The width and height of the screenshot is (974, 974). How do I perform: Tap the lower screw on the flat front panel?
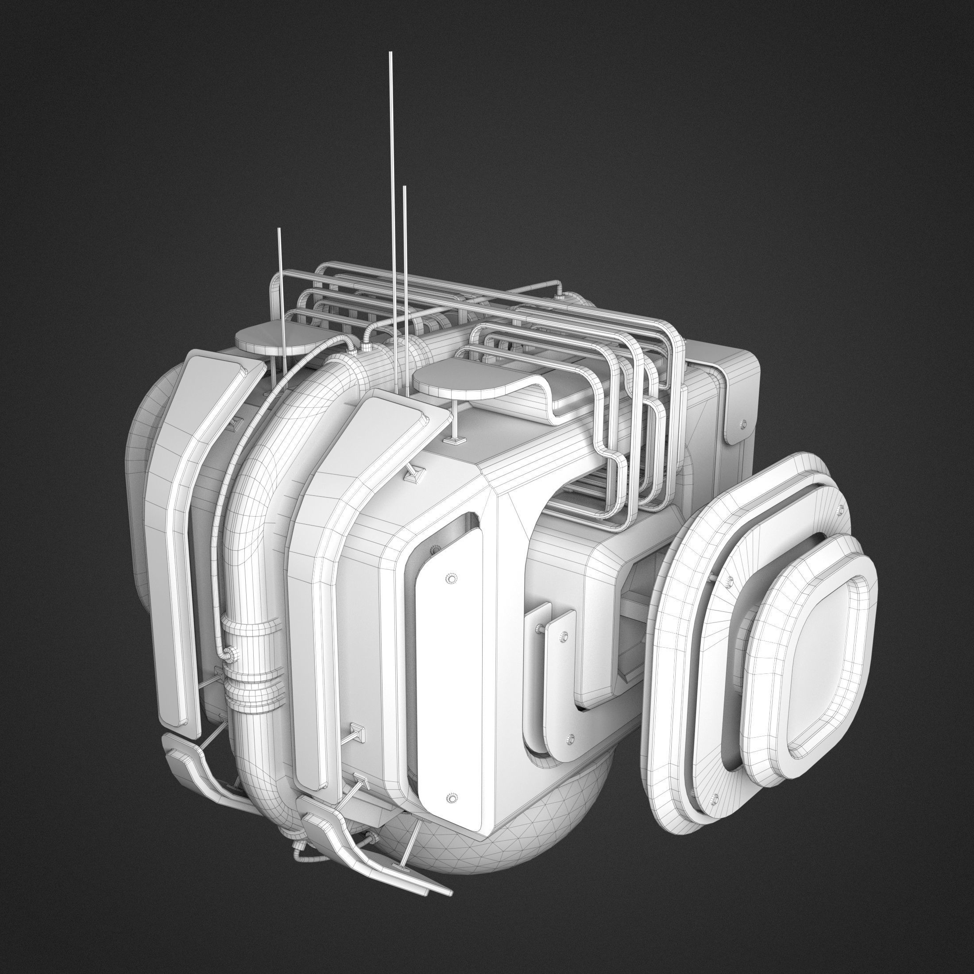pyautogui.click(x=451, y=798)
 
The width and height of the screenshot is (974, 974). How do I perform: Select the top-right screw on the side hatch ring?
pyautogui.click(x=840, y=509)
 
